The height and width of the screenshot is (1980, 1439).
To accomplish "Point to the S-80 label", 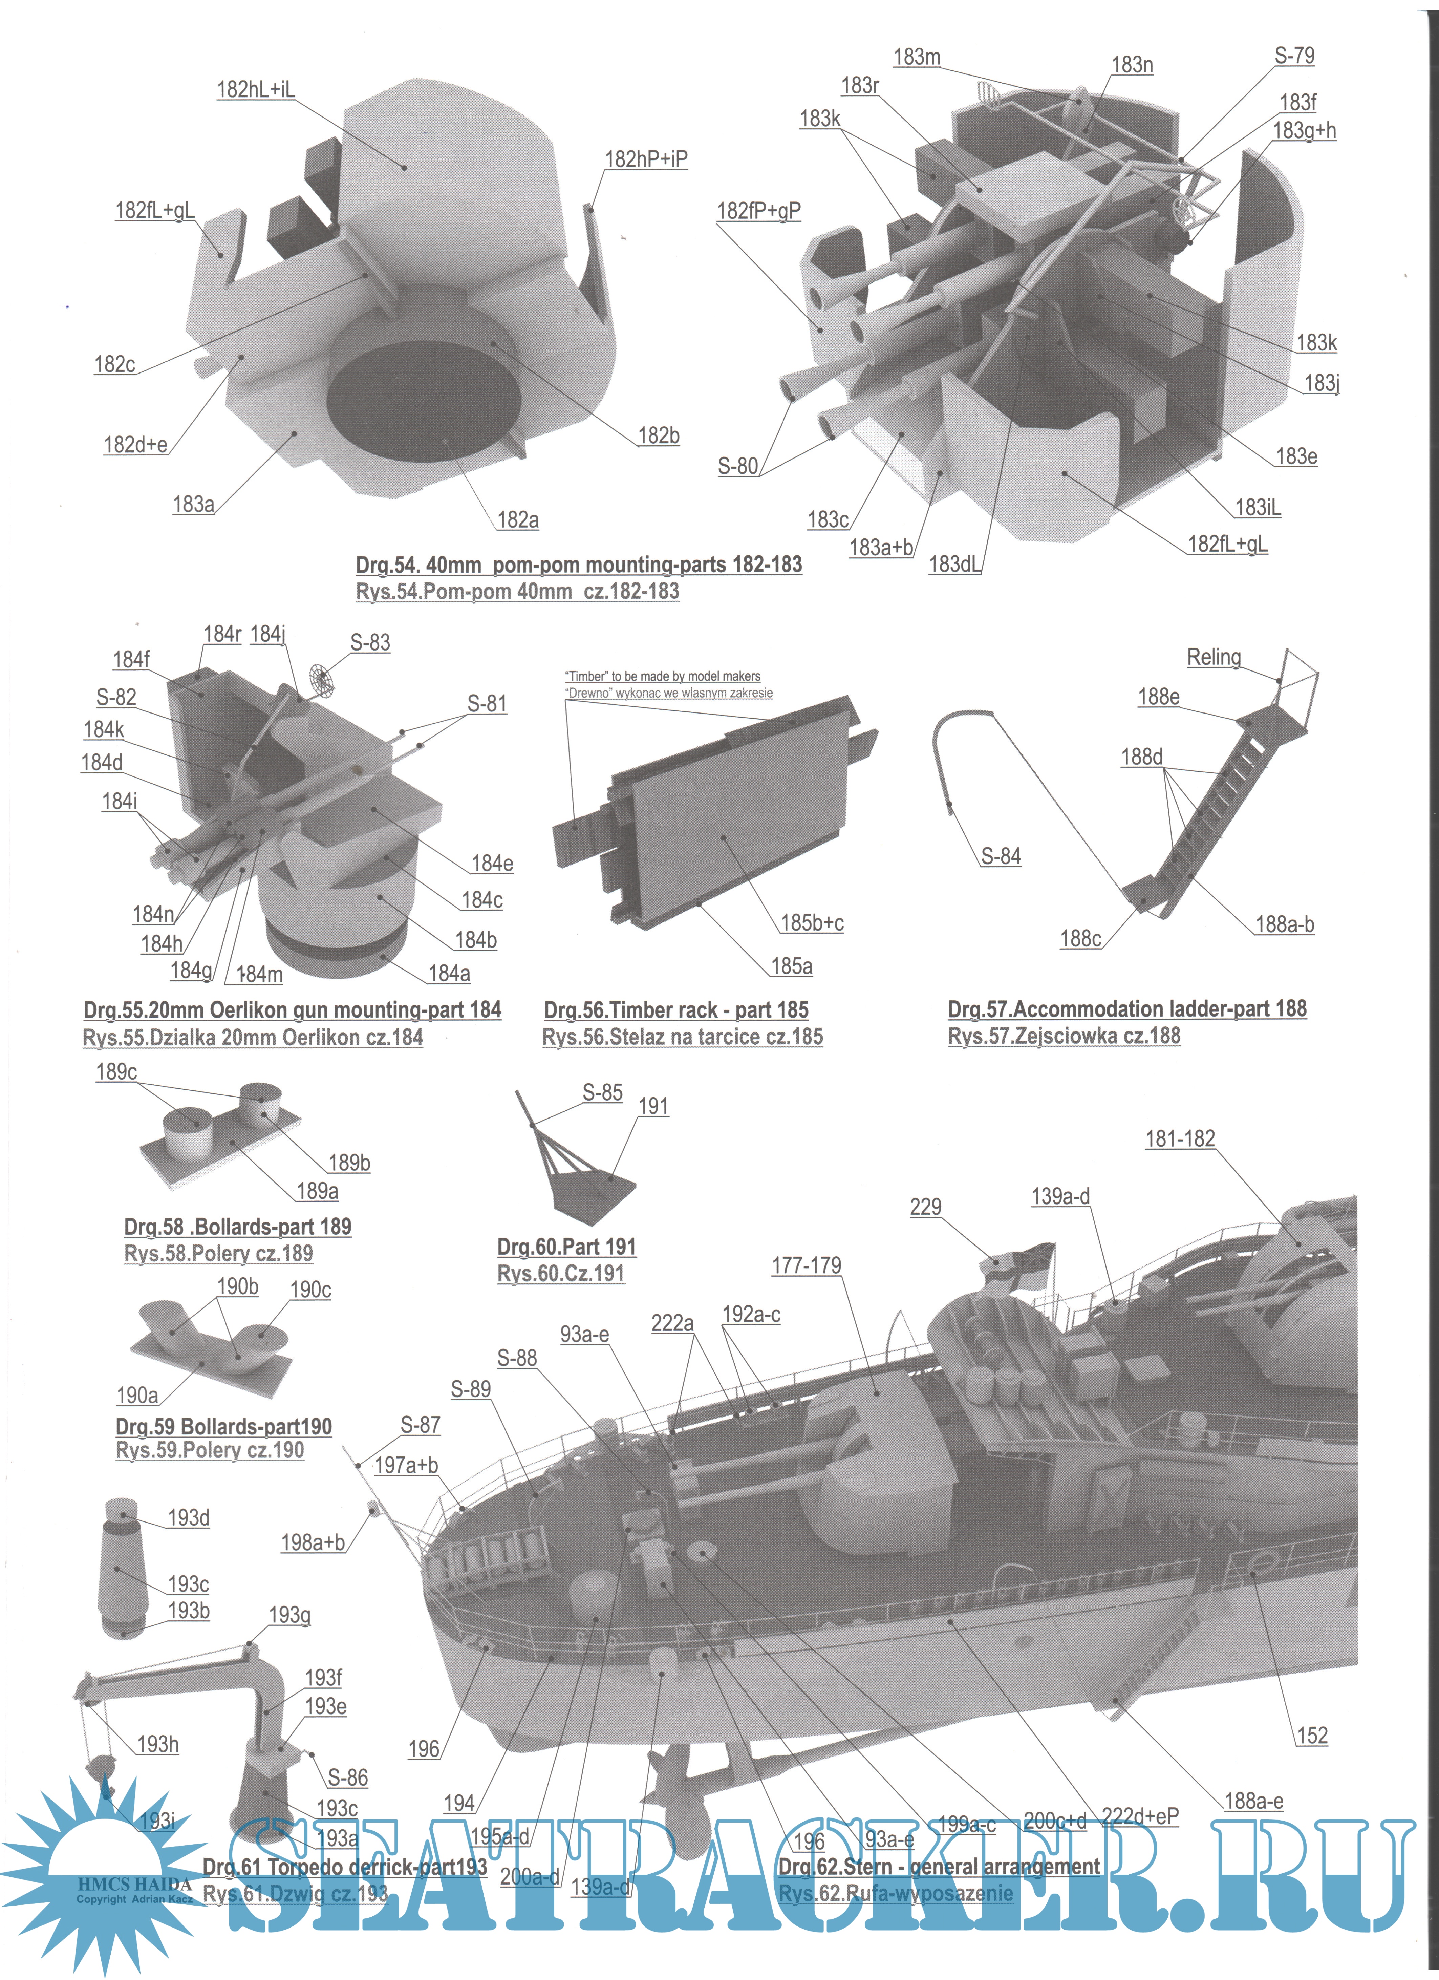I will click(x=737, y=466).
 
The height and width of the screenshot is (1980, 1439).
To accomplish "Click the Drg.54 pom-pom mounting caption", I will click(x=579, y=565).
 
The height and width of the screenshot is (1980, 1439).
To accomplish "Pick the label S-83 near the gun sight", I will click(x=370, y=642).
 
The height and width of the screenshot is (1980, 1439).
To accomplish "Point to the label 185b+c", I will click(x=812, y=923).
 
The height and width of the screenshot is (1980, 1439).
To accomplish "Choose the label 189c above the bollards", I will click(x=116, y=1072).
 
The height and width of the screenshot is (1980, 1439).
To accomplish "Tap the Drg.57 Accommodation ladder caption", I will click(x=1126, y=1009).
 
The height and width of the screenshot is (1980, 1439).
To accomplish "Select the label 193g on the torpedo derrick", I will click(x=290, y=1615).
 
